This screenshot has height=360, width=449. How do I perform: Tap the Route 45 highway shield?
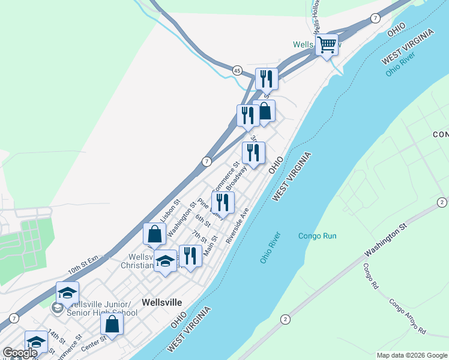238,70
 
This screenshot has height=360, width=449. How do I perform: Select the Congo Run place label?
318,236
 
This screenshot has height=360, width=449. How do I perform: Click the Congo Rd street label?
369,277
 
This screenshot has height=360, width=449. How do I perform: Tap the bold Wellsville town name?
162,302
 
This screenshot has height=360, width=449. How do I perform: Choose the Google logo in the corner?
20,353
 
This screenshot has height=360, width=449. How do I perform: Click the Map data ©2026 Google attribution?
411,355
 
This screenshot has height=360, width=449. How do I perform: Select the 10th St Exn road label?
82,265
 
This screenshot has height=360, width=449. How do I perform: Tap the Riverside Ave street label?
237,226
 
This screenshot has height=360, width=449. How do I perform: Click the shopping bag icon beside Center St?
112,324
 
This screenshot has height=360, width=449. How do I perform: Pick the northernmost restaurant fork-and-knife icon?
265,78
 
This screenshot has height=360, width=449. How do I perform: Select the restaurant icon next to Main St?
190,256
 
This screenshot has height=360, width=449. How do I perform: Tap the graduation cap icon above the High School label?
68,293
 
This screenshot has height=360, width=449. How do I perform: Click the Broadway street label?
237,178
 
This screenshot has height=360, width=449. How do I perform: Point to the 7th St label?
199,236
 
